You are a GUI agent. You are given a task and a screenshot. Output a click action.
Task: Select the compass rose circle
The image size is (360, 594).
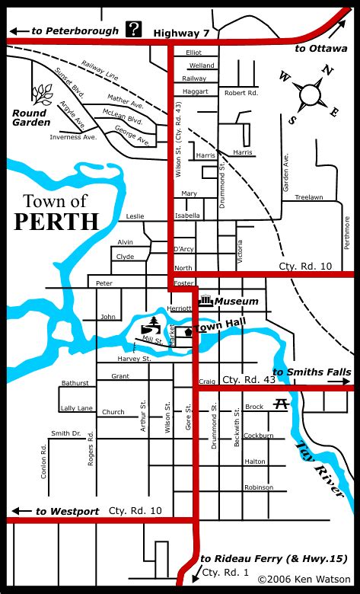[x=310, y=95]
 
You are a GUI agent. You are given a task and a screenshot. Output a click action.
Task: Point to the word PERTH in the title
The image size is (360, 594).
[x=57, y=222]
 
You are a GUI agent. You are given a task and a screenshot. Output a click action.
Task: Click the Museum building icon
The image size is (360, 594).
[x=205, y=301]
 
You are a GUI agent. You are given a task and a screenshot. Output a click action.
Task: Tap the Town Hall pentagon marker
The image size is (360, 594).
[x=187, y=332]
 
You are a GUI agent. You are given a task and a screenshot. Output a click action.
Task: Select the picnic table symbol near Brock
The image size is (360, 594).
[x=281, y=404]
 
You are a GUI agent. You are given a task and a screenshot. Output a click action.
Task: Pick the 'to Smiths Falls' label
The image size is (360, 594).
[x=312, y=372]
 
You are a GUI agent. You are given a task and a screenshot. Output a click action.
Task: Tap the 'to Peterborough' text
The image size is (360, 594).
[x=74, y=31]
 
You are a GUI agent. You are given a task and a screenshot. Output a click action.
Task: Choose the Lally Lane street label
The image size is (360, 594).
[x=76, y=409]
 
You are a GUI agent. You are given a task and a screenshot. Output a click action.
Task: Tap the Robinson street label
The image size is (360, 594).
[x=258, y=487]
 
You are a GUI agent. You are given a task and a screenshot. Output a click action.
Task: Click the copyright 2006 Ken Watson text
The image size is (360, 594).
[x=304, y=580]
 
